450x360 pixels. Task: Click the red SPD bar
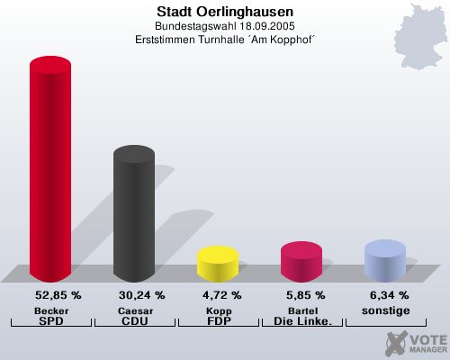(x=50, y=171)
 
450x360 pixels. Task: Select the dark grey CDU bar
(x=133, y=216)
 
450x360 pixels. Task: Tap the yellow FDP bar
(x=217, y=263)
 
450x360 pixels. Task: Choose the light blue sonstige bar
(x=384, y=260)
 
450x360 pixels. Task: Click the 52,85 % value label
(x=58, y=295)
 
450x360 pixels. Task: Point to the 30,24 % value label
(x=142, y=295)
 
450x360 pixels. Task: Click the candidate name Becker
(x=50, y=310)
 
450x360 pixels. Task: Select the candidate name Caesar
(x=134, y=310)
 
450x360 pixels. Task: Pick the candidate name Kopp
(x=217, y=310)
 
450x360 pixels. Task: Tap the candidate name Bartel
(x=301, y=310)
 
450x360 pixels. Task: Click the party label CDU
(x=134, y=321)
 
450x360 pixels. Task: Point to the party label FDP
(x=217, y=321)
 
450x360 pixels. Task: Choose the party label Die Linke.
(x=301, y=321)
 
